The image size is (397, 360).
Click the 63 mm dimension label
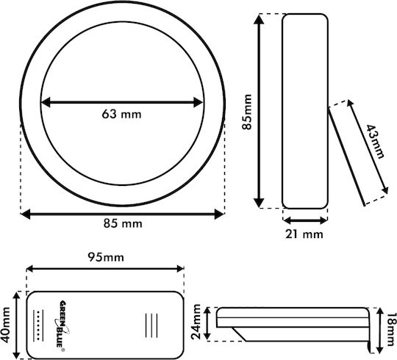(x=121, y=115)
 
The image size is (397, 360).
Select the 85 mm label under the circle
(x=123, y=223)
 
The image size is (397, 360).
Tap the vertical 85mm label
(x=247, y=112)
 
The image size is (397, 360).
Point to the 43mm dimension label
(x=375, y=141)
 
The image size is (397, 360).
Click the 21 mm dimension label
(x=304, y=234)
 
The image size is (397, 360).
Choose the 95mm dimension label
(x=106, y=258)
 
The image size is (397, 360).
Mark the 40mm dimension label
(x=5, y=325)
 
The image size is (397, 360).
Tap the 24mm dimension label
(x=196, y=322)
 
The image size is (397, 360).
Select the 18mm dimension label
(x=391, y=329)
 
